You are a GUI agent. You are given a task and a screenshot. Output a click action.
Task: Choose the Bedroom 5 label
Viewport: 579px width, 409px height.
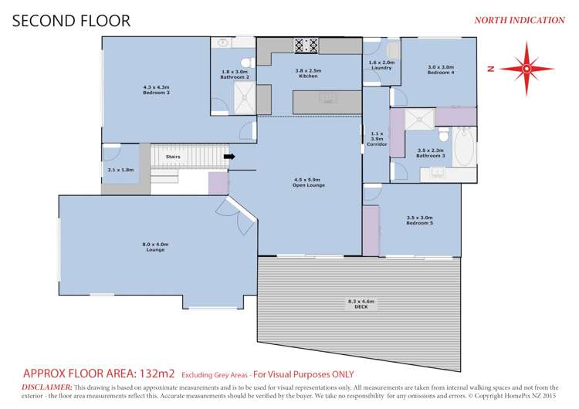pos(420,220)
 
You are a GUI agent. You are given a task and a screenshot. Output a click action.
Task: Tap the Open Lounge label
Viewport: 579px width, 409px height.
pos(309,184)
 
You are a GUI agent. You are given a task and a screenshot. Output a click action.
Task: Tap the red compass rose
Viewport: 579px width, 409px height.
pos(526,69)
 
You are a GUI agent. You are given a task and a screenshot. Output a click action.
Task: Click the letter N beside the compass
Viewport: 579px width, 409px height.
pos(491,69)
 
